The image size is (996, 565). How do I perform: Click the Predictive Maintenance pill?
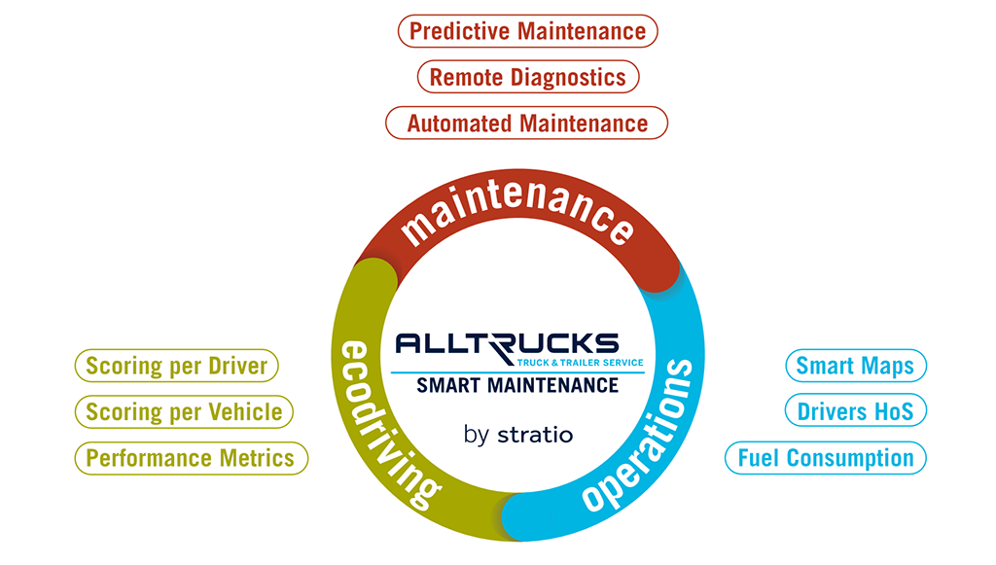point(527,31)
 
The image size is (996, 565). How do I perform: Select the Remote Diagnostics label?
point(528,77)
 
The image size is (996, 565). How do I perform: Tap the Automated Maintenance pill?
point(526,124)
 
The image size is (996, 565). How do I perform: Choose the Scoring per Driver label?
point(177,366)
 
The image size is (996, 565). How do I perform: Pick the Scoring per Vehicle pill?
point(184,412)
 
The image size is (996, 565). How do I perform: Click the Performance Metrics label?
point(192,458)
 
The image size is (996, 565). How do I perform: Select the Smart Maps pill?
point(856,366)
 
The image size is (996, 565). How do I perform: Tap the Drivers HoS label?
point(856,411)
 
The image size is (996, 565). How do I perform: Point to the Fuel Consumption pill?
point(826,458)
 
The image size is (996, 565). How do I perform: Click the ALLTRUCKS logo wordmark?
point(507,344)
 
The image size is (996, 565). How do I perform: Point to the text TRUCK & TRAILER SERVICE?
point(580,363)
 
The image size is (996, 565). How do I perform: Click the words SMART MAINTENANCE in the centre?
point(517,385)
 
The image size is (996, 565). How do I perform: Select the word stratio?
point(536,435)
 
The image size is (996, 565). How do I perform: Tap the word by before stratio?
point(477,436)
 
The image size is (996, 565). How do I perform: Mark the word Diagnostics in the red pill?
point(568,78)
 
